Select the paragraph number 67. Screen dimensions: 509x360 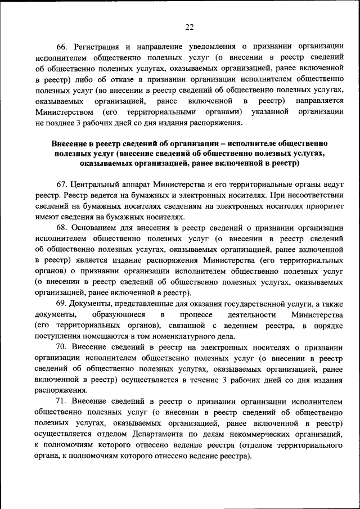[x=62, y=184]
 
